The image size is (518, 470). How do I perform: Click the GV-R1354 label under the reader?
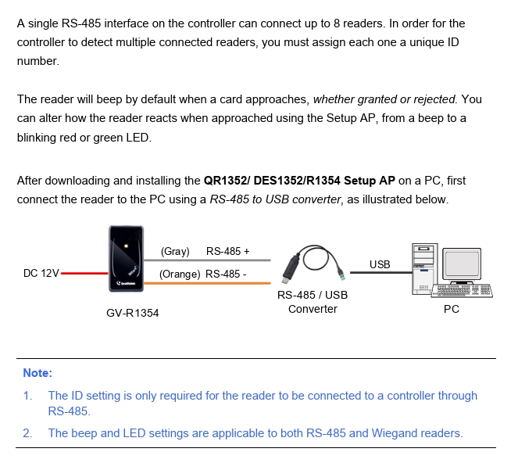click(132, 313)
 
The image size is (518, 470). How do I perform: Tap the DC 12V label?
click(41, 274)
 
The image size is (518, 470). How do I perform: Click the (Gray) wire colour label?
click(175, 251)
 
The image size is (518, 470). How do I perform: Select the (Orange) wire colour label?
click(180, 274)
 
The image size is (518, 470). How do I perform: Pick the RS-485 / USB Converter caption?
click(313, 302)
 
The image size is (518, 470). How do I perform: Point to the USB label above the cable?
click(380, 264)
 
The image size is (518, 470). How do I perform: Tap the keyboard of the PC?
click(464, 291)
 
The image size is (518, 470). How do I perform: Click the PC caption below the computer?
click(452, 309)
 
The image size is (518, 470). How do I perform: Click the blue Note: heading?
click(38, 373)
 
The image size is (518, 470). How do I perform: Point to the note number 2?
click(27, 432)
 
